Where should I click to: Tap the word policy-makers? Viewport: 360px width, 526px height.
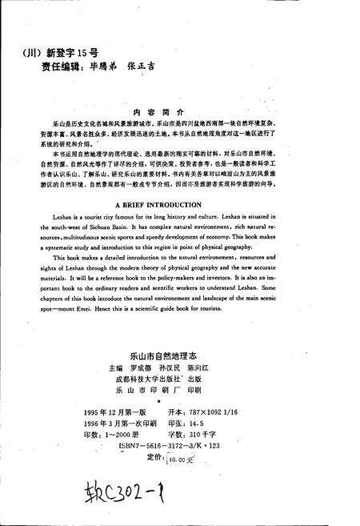(x=202, y=272)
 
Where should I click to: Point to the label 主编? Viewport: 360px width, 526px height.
(x=105, y=362)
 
